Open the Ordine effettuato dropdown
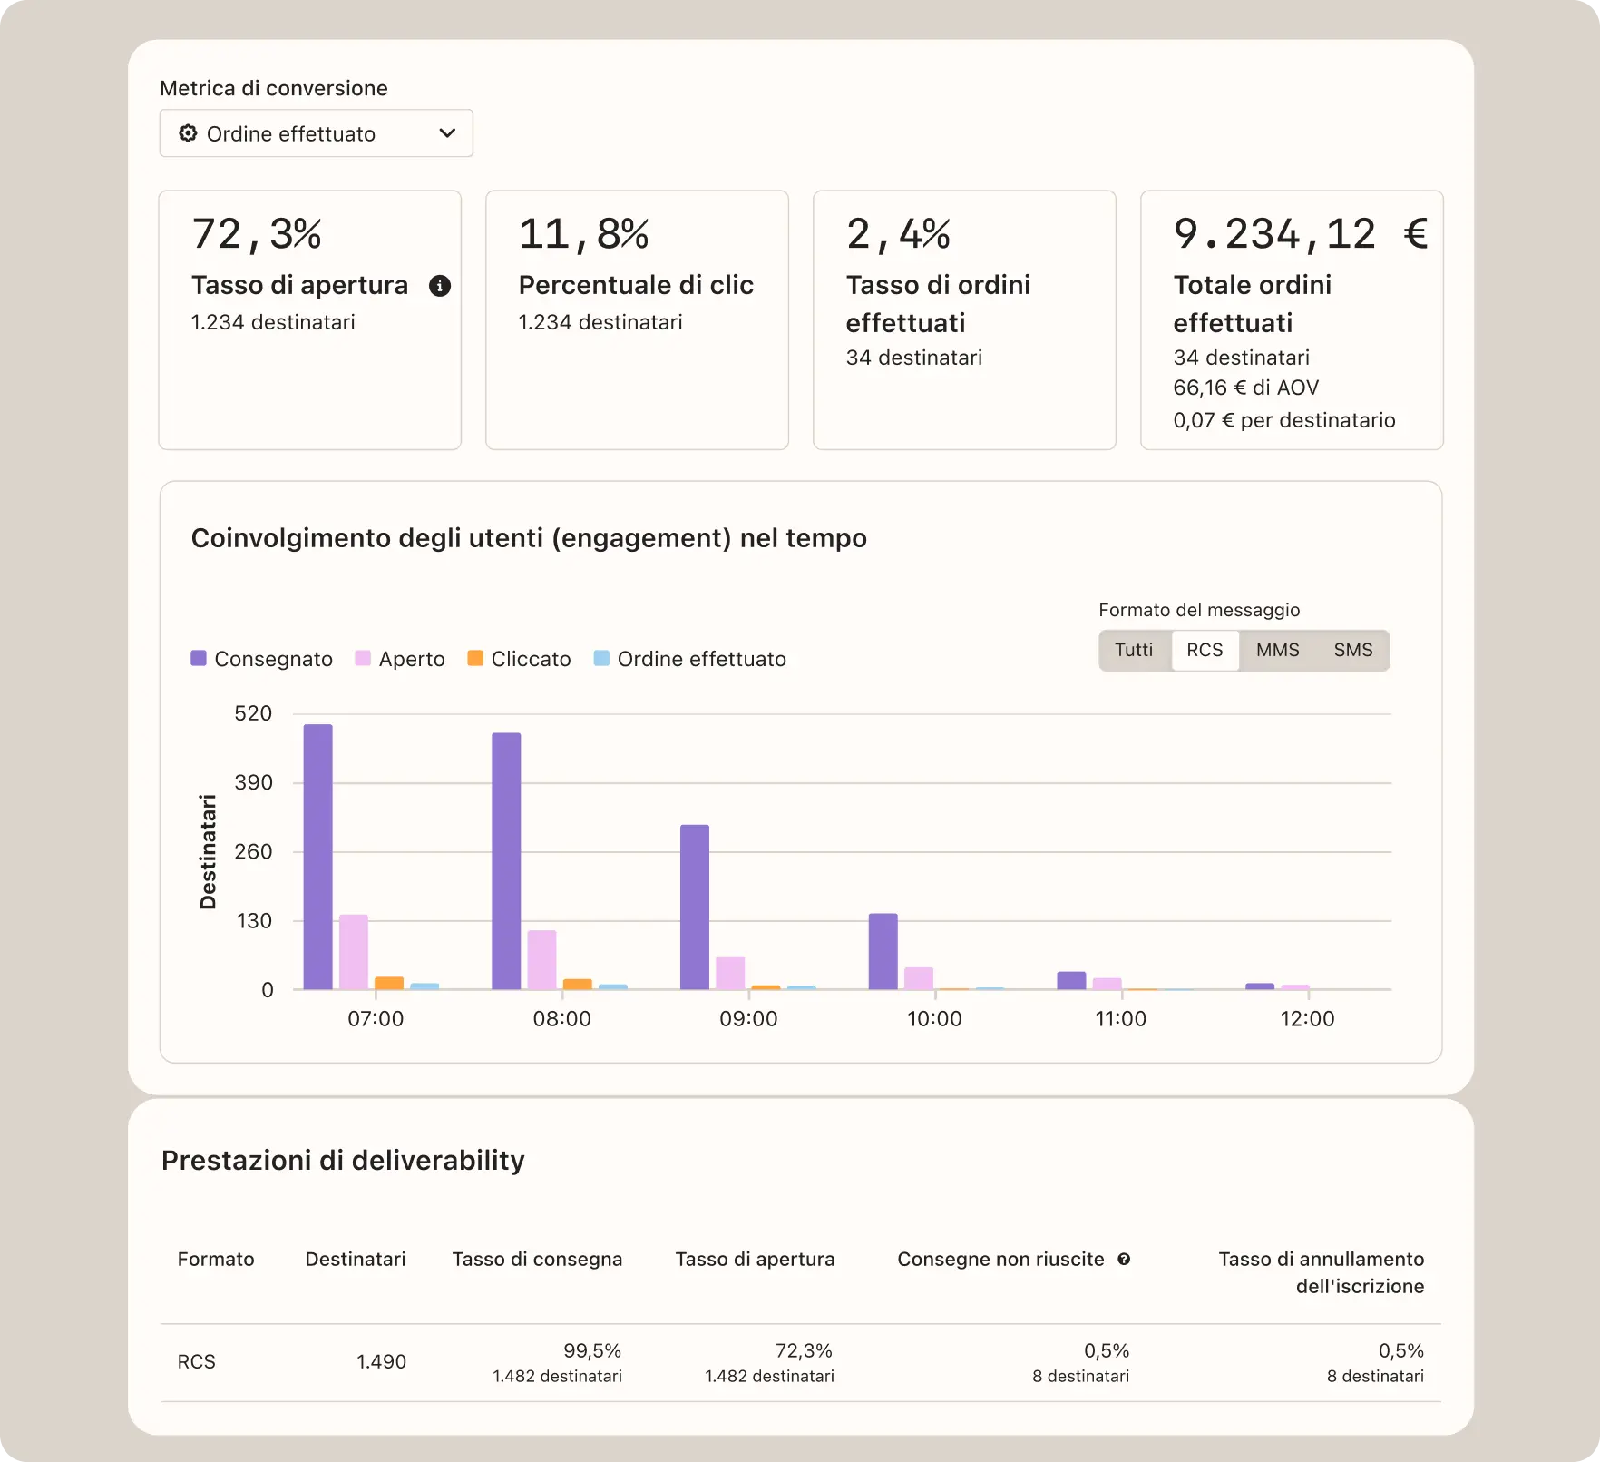click(316, 133)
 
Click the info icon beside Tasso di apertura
click(440, 286)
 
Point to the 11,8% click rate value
click(583, 234)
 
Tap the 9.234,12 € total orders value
click(1299, 234)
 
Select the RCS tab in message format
click(1205, 651)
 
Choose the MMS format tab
click(1277, 651)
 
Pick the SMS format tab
click(1352, 651)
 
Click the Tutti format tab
click(1134, 651)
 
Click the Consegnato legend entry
click(262, 659)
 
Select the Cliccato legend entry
click(520, 659)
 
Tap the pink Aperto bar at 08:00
click(542, 959)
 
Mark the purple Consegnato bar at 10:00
click(883, 951)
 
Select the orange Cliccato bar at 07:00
click(389, 983)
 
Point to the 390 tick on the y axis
click(253, 782)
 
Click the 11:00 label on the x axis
click(1121, 1019)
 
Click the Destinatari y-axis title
click(209, 851)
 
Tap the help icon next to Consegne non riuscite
click(1124, 1260)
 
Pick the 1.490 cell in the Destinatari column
click(381, 1361)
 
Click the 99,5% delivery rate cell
click(591, 1351)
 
